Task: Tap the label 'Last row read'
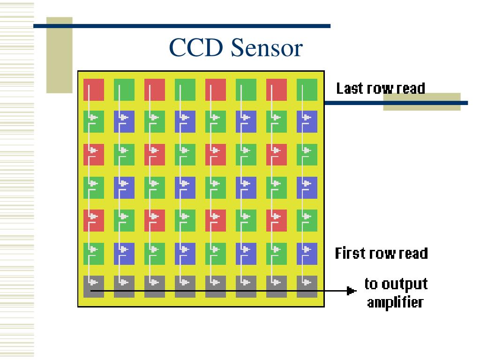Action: pyautogui.click(x=381, y=88)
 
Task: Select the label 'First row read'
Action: pyautogui.click(x=381, y=254)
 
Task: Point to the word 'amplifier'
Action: pyautogui.click(x=395, y=302)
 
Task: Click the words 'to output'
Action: pyautogui.click(x=396, y=284)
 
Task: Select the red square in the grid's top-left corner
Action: pyautogui.click(x=94, y=90)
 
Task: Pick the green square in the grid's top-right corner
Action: pyautogui.click(x=307, y=90)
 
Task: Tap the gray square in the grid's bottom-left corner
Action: pyautogui.click(x=94, y=286)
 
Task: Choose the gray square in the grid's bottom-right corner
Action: pyautogui.click(x=307, y=286)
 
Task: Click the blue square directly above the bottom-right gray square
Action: pyautogui.click(x=307, y=254)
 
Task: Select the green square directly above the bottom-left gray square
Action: pyautogui.click(x=94, y=254)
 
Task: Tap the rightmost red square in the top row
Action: pyautogui.click(x=277, y=90)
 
